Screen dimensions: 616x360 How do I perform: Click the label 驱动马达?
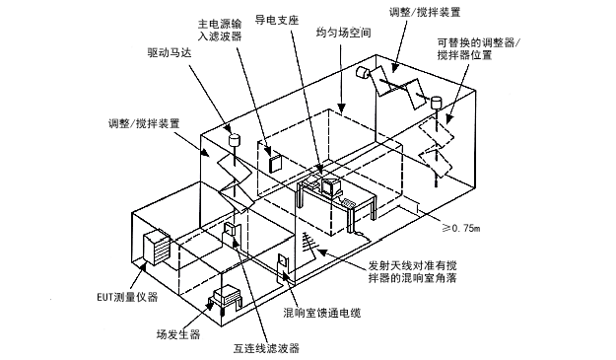(170, 52)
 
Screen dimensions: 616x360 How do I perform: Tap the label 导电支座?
(277, 20)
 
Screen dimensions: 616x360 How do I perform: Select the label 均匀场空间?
(343, 33)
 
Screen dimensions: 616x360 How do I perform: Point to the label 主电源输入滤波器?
(220, 30)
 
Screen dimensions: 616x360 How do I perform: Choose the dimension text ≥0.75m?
(461, 228)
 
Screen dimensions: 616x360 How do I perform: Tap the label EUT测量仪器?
(127, 297)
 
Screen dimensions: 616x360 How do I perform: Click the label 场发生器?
(178, 334)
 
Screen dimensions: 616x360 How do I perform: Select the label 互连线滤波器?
(266, 348)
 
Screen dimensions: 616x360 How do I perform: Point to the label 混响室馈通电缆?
(322, 313)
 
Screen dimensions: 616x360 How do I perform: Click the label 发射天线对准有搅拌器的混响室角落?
(412, 272)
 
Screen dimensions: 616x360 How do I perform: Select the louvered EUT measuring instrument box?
(157, 248)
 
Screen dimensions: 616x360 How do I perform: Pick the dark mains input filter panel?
(275, 163)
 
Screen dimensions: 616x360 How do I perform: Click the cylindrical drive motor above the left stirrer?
(235, 139)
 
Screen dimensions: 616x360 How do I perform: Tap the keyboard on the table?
(348, 203)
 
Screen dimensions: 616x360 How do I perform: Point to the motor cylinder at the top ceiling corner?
(364, 72)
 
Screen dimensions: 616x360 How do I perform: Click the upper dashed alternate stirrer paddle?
(436, 132)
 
